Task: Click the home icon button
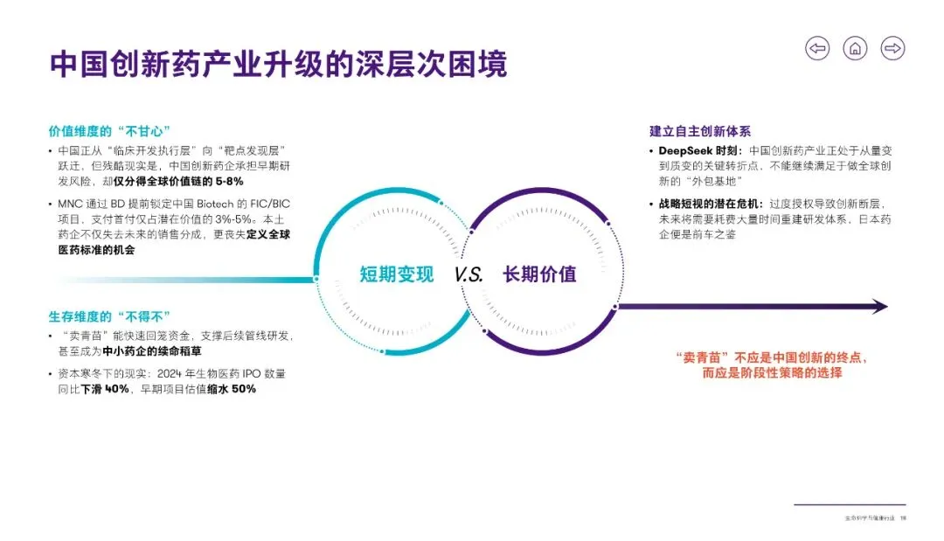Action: click(x=855, y=49)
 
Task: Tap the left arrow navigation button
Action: click(x=817, y=49)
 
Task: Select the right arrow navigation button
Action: click(x=892, y=49)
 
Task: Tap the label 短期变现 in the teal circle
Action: click(x=396, y=274)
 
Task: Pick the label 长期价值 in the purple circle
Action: click(x=539, y=274)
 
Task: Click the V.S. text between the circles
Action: click(x=469, y=274)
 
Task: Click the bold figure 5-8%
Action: click(x=226, y=182)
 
